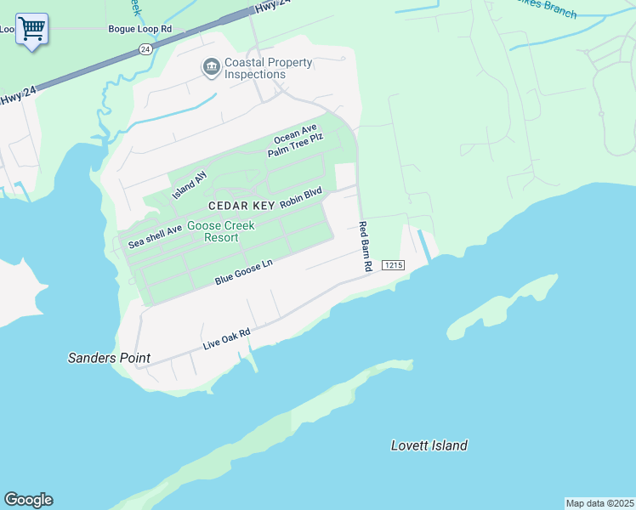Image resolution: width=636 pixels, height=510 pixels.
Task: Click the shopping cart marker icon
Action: click(x=31, y=29)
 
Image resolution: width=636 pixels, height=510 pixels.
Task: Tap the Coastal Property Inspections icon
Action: click(x=210, y=66)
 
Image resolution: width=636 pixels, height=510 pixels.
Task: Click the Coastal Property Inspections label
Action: click(x=267, y=68)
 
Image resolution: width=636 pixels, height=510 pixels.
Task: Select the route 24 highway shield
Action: click(x=146, y=50)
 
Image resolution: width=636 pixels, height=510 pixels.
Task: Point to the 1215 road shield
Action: click(x=392, y=265)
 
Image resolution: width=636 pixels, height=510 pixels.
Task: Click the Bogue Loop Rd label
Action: click(x=140, y=28)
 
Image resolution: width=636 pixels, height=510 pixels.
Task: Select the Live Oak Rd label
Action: click(x=227, y=339)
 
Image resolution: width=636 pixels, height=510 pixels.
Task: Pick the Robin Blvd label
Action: click(x=301, y=198)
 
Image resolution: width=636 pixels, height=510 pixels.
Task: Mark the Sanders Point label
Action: click(x=109, y=358)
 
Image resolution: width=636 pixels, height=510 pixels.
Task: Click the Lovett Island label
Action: click(x=429, y=445)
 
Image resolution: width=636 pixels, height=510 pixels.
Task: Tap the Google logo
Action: click(x=28, y=500)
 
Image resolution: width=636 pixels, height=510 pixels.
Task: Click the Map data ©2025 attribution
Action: click(x=599, y=503)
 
